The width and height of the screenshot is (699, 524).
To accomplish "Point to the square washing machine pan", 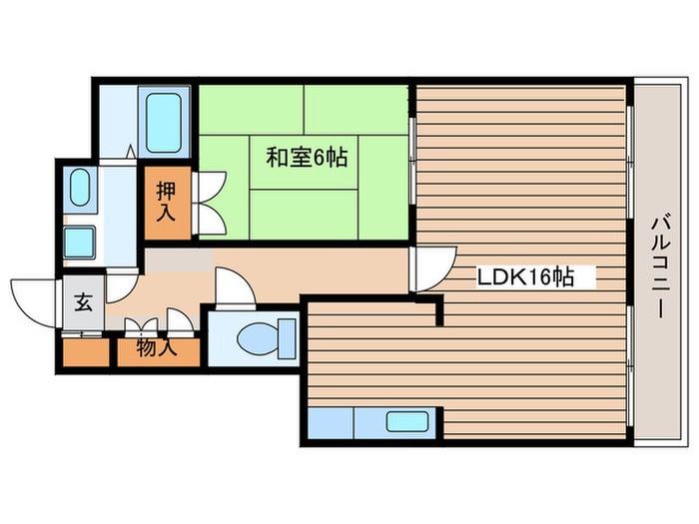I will (x=79, y=243).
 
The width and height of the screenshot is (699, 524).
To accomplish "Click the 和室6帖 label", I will (x=306, y=157).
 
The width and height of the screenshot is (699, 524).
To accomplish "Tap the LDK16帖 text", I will (x=523, y=277).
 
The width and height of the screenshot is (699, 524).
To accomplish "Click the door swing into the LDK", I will (x=429, y=266).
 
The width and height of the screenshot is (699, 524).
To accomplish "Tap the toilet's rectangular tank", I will (x=288, y=336).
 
